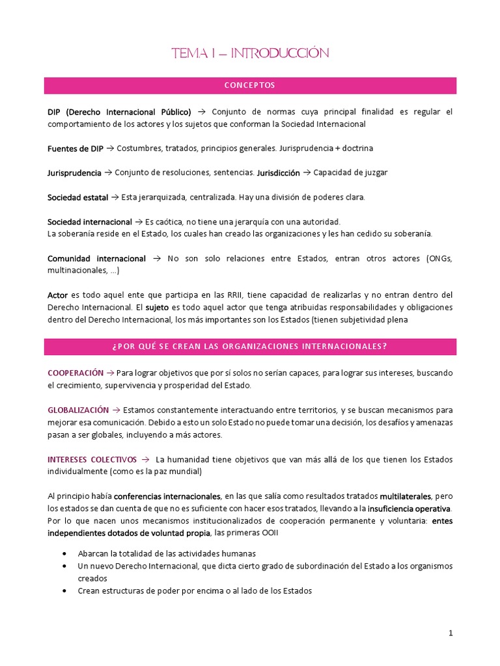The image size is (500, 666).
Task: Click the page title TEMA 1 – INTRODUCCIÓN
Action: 250,53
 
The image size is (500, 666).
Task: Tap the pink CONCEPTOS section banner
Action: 250,85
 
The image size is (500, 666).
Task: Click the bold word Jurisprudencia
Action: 74,173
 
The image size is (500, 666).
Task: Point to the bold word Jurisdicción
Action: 278,173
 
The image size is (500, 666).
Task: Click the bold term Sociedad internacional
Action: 89,222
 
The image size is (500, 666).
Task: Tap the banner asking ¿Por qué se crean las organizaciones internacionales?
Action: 250,347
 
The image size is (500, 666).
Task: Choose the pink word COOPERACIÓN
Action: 76,373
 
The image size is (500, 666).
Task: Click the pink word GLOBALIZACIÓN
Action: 78,410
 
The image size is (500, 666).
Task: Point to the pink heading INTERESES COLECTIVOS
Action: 92,459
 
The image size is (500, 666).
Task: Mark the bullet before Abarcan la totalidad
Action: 64,553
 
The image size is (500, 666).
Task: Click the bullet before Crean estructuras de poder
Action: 64,591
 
